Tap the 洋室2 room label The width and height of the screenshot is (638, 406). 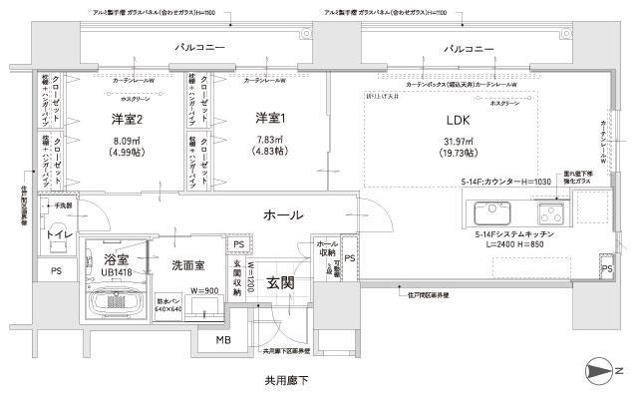point(126,120)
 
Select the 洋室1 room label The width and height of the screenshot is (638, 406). point(271,120)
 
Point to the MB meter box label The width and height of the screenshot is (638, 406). point(225,340)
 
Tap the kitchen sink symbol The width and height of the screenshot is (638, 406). point(493,213)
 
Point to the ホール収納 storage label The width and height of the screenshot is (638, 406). point(327,249)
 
